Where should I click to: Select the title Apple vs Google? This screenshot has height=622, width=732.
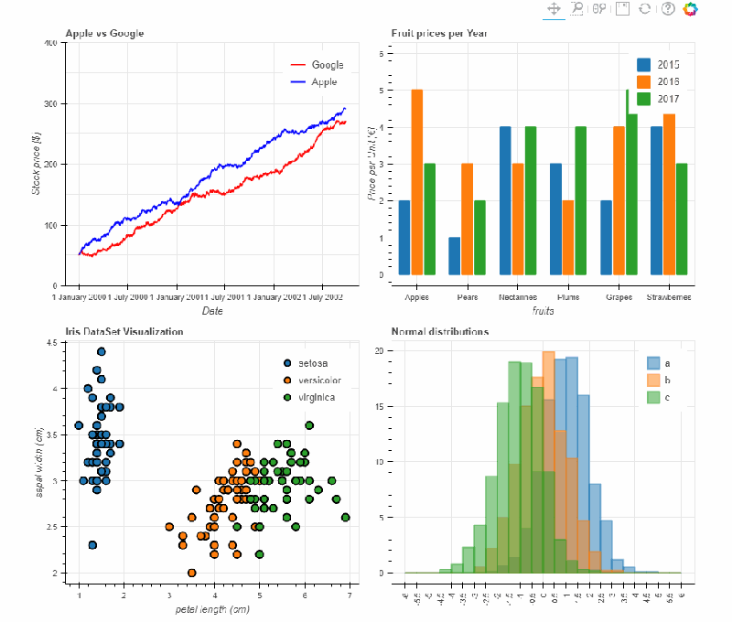click(104, 34)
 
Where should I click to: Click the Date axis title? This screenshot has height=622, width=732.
click(212, 311)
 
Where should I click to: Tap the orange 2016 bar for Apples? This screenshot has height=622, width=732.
click(417, 182)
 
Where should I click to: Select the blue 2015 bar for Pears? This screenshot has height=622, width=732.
click(455, 256)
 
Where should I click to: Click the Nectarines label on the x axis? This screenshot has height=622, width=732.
click(517, 297)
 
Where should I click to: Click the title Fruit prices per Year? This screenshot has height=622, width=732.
click(439, 34)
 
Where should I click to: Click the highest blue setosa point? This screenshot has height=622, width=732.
click(102, 352)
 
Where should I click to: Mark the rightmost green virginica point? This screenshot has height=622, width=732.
click(345, 518)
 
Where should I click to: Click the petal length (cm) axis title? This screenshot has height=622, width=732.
click(212, 609)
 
